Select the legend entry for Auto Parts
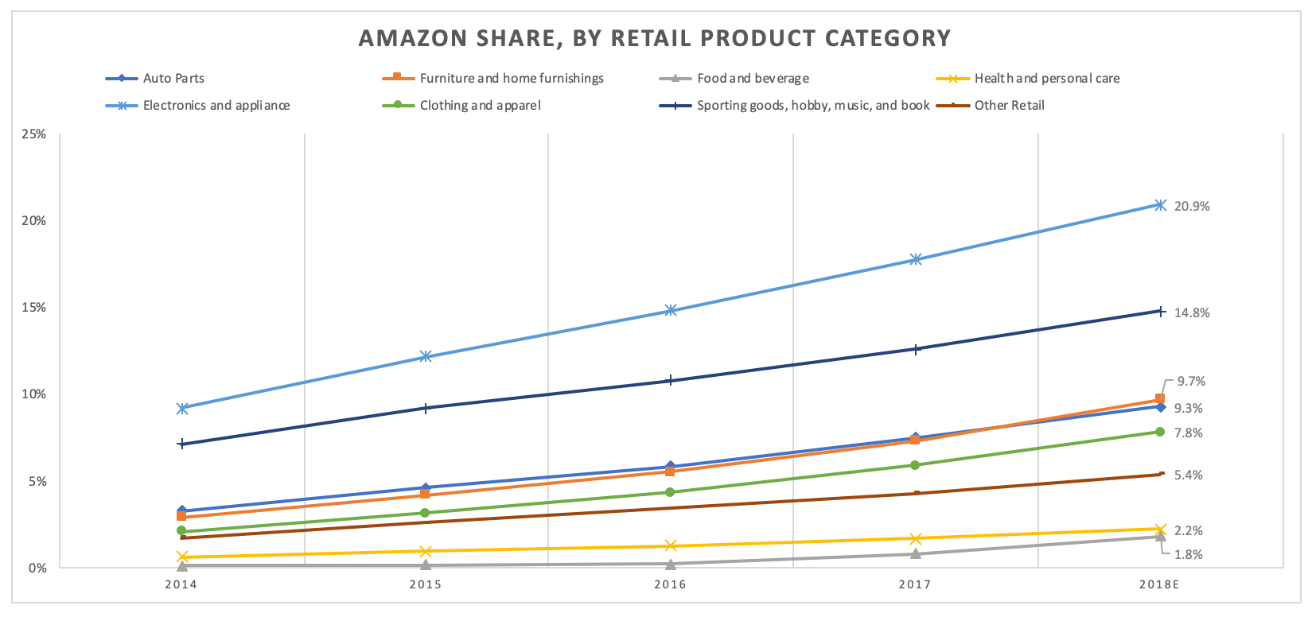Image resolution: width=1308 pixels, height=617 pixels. coord(173,78)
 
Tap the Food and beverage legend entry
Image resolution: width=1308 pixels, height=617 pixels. coord(753,78)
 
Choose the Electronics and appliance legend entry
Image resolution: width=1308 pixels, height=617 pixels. coord(216,105)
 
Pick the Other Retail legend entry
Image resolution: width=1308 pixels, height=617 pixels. coord(1009,105)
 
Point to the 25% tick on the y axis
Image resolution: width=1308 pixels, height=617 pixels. coord(34,134)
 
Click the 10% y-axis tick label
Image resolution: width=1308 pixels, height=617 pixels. coord(34,394)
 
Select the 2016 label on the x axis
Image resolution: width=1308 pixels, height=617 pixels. coord(670,584)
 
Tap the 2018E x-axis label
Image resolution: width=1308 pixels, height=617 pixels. coord(1158,584)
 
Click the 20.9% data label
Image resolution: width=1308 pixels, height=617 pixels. coord(1192,206)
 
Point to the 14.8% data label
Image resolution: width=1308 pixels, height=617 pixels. coord(1192,312)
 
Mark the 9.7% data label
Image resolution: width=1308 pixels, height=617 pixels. coord(1191,381)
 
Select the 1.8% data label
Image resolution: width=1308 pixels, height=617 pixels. coord(1189,554)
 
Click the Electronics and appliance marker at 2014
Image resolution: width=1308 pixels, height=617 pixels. coord(182,408)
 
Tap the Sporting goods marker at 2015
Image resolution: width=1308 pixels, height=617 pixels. coord(426,408)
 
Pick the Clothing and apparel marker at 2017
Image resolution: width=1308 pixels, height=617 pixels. coord(915,465)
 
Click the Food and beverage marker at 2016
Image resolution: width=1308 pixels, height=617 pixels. coord(670,565)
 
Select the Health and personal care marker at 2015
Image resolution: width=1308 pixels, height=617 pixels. coord(426,551)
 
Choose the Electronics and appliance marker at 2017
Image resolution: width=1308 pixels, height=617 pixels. coord(915,259)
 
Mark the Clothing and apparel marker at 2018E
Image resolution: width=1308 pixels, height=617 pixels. coord(1159,432)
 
